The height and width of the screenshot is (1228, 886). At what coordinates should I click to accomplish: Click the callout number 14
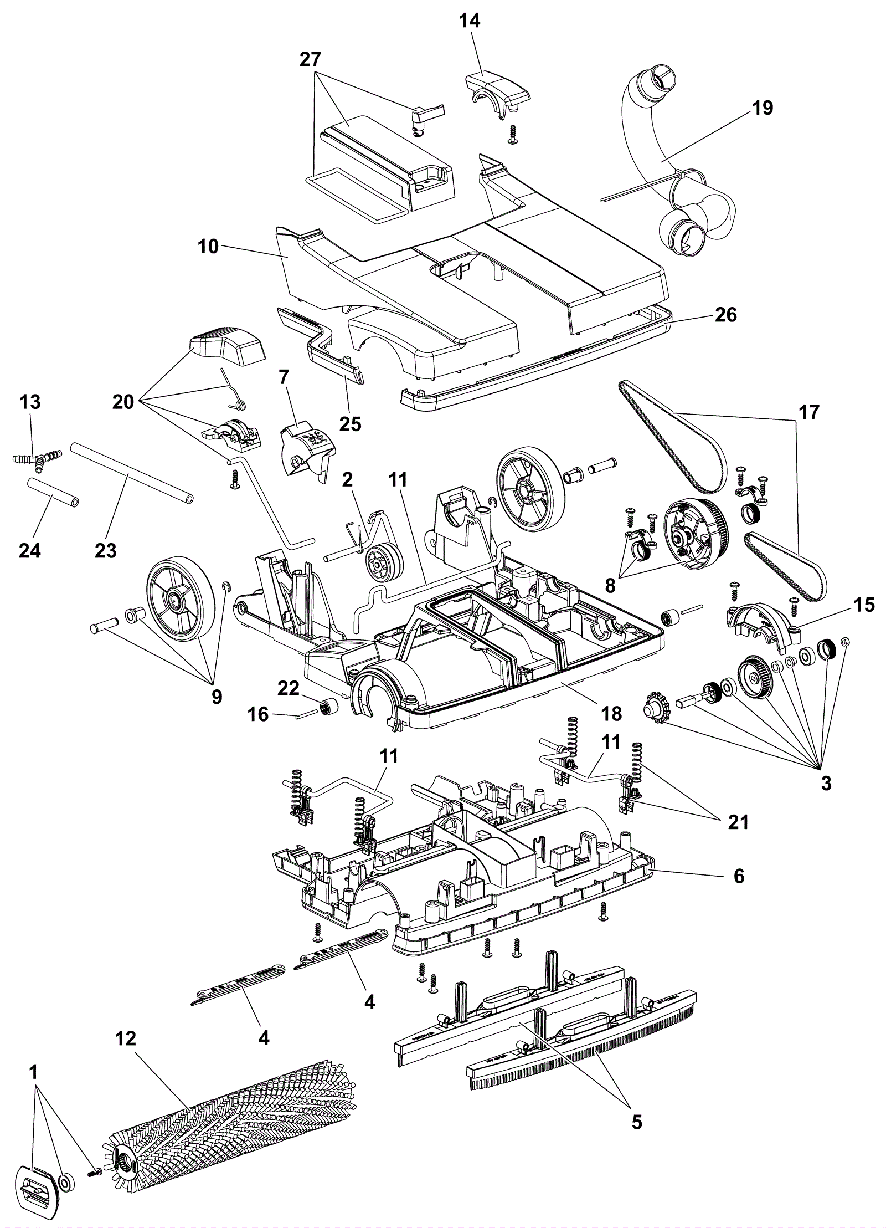pos(470,21)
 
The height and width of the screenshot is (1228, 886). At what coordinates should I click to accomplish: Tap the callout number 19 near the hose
pos(763,108)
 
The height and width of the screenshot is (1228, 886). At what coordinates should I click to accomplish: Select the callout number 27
pos(311,59)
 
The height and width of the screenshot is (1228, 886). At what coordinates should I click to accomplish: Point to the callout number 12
pos(126,1038)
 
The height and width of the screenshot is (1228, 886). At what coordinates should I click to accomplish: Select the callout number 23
pos(105,550)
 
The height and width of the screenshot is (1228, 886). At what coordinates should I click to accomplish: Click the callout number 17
pos(808,412)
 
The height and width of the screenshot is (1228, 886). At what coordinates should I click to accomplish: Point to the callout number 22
pos(289,688)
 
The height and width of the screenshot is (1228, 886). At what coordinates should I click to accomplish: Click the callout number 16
pos(258,714)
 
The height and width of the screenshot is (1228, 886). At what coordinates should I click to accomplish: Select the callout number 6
pos(739,876)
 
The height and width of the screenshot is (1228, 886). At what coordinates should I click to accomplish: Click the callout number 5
pos(637,1122)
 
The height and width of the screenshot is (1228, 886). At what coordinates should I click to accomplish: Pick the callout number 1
pos(33,1072)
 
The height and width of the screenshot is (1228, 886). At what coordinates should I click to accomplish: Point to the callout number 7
pos(284,377)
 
